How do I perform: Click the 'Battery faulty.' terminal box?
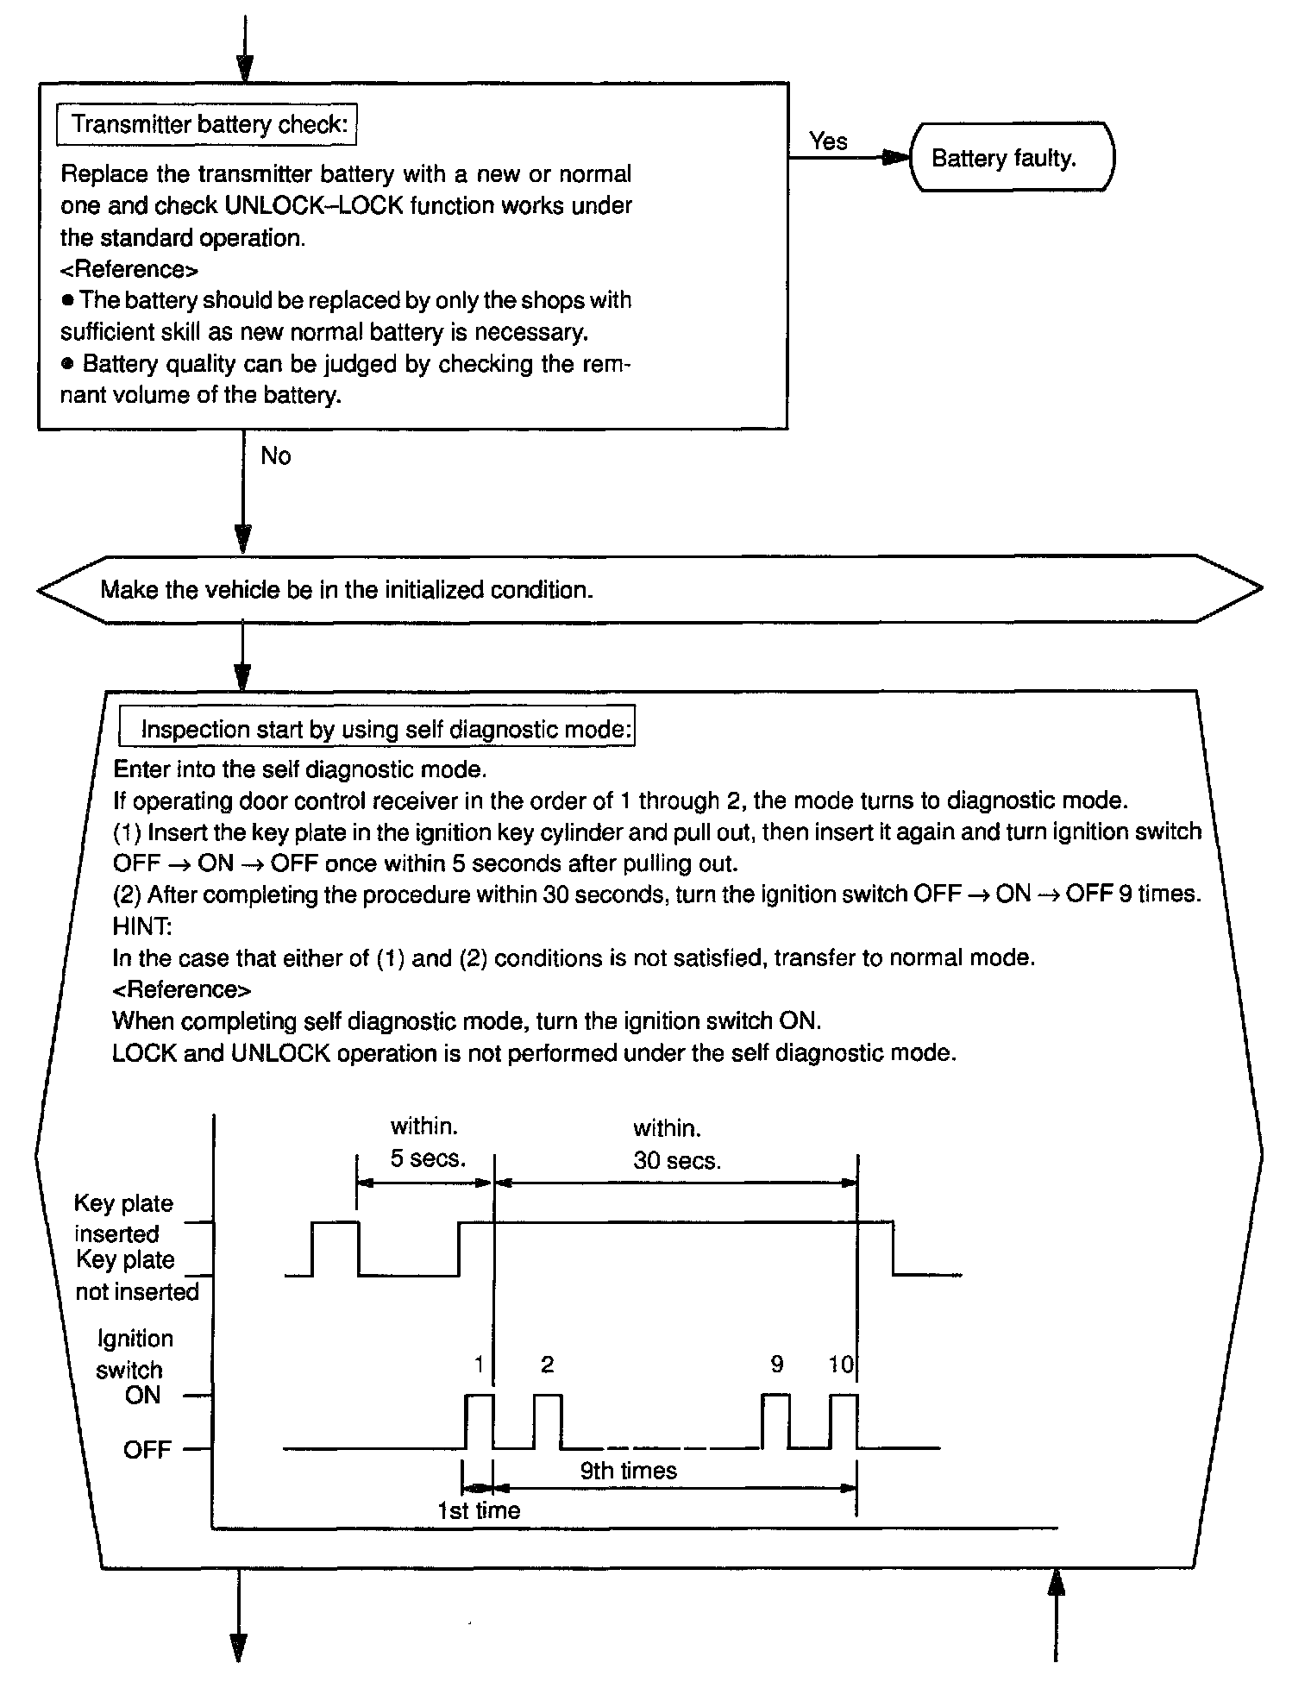pos(1011,159)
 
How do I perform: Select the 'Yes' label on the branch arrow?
pos(828,141)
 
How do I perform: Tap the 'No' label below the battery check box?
pos(276,455)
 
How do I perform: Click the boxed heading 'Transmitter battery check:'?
pos(207,125)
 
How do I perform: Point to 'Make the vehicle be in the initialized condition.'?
pos(347,590)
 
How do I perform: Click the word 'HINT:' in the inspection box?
pos(142,926)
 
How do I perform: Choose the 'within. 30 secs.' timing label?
pos(675,1144)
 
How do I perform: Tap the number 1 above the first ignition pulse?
pos(479,1364)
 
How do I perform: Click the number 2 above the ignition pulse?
pos(547,1364)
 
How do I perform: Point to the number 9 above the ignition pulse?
pos(776,1364)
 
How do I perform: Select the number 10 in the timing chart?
pos(840,1364)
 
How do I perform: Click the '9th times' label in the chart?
pos(628,1471)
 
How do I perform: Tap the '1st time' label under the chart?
pos(479,1510)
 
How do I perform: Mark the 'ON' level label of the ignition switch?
pos(142,1396)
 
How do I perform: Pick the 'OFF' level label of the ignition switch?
pos(147,1449)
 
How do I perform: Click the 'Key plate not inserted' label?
pos(136,1276)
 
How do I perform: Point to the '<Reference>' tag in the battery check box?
pos(129,269)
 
